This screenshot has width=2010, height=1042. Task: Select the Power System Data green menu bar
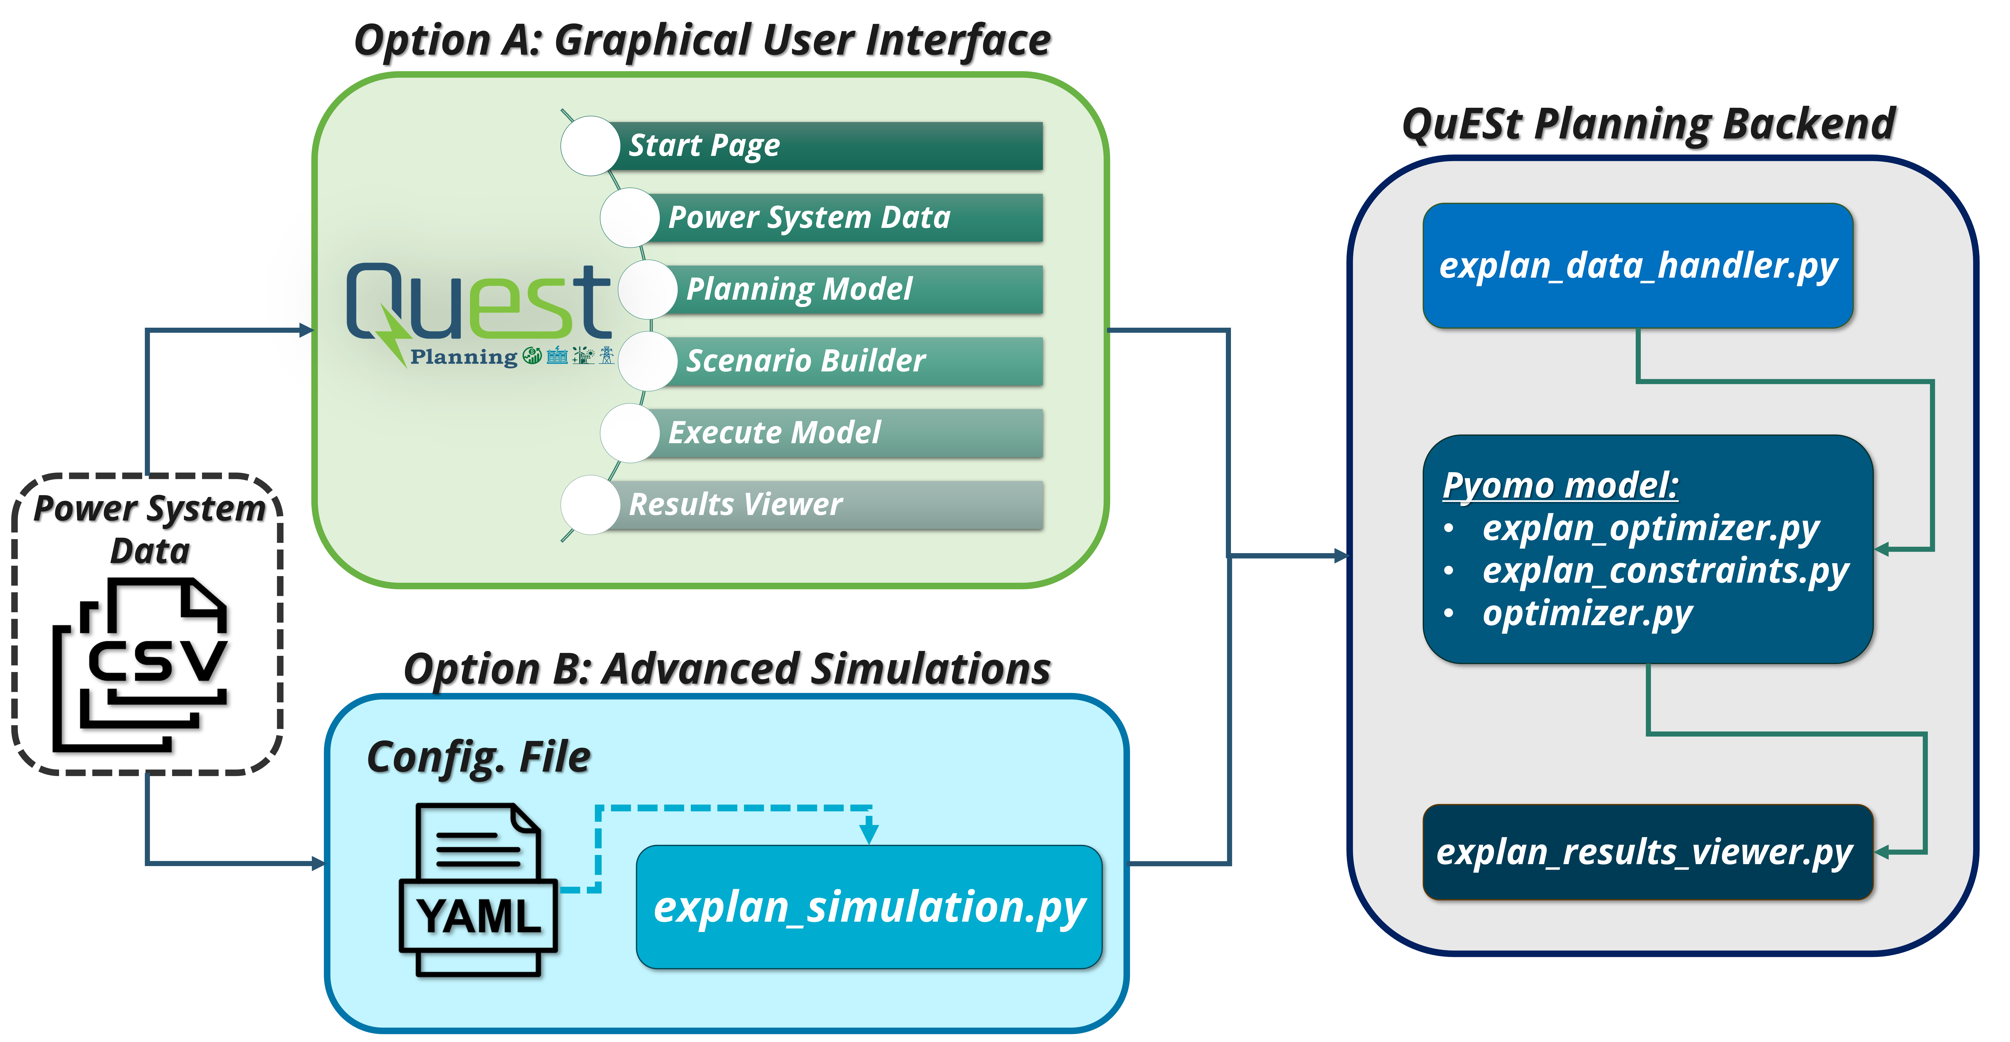pos(843,217)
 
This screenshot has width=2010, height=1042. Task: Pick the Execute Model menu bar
pos(843,433)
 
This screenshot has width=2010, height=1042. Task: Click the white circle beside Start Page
pos(590,146)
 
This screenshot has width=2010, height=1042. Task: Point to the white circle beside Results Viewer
pos(590,505)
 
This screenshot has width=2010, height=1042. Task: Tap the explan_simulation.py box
pos(869,907)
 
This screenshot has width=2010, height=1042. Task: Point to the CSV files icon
pos(140,665)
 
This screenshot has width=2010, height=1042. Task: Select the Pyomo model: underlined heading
pos(1561,485)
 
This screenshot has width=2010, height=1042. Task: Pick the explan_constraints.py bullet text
pos(1665,571)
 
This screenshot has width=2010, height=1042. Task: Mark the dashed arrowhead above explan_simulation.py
pos(869,832)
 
